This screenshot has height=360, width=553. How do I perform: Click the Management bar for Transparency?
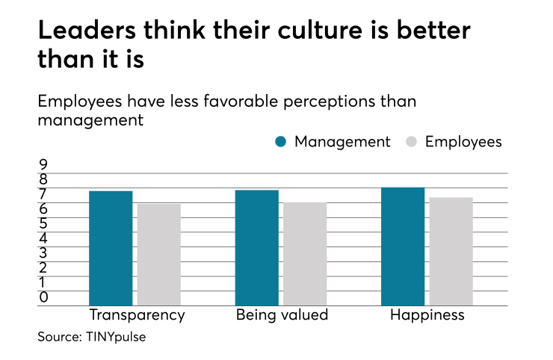[x=111, y=248]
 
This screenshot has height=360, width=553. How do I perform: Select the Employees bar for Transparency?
[x=158, y=255]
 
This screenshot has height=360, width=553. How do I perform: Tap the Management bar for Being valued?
[x=256, y=247]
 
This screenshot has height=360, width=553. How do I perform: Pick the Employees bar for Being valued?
[x=305, y=254]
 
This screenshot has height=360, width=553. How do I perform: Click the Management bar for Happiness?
[x=403, y=246]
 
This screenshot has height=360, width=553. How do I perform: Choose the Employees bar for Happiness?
[x=451, y=252]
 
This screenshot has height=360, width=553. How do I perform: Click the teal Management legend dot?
[x=281, y=142]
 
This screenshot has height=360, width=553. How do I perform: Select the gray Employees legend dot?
[x=413, y=142]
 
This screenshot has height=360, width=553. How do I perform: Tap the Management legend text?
[x=342, y=142]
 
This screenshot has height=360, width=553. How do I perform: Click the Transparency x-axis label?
[x=137, y=314]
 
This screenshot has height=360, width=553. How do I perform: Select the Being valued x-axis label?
[x=282, y=314]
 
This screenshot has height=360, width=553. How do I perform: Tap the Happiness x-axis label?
[x=427, y=314]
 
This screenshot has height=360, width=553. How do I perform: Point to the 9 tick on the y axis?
[x=43, y=164]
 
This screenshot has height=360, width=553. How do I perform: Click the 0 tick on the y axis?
[x=43, y=297]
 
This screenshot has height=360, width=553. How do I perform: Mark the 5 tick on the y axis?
[x=43, y=223]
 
